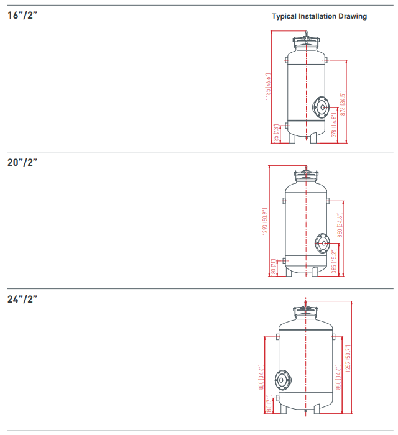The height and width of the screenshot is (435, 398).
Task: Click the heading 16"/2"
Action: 22,15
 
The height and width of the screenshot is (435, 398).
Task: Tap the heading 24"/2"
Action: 23,299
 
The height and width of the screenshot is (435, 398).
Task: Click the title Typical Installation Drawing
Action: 319,16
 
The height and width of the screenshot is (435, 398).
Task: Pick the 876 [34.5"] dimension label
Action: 343,102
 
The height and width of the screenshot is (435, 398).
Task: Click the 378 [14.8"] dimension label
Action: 334,125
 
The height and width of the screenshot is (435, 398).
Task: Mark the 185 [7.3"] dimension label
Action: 277,132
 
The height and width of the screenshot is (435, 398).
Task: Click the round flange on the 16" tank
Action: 322,107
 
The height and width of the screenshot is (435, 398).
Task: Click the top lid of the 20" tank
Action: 306,175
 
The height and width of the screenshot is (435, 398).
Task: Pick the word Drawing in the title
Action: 352,16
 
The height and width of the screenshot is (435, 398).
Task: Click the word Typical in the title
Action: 285,16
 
